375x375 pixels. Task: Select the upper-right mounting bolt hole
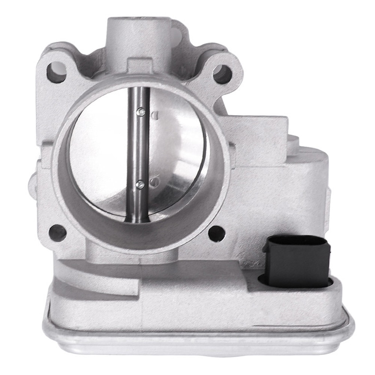(x=222, y=74)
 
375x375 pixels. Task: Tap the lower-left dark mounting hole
(x=57, y=233)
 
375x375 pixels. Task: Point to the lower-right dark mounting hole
(x=217, y=233)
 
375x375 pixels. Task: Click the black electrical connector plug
(x=296, y=261)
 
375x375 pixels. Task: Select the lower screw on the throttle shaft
(x=140, y=184)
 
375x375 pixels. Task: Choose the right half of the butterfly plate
(x=176, y=150)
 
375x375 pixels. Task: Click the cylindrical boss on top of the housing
(x=138, y=34)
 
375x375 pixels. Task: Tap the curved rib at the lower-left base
(x=94, y=277)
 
